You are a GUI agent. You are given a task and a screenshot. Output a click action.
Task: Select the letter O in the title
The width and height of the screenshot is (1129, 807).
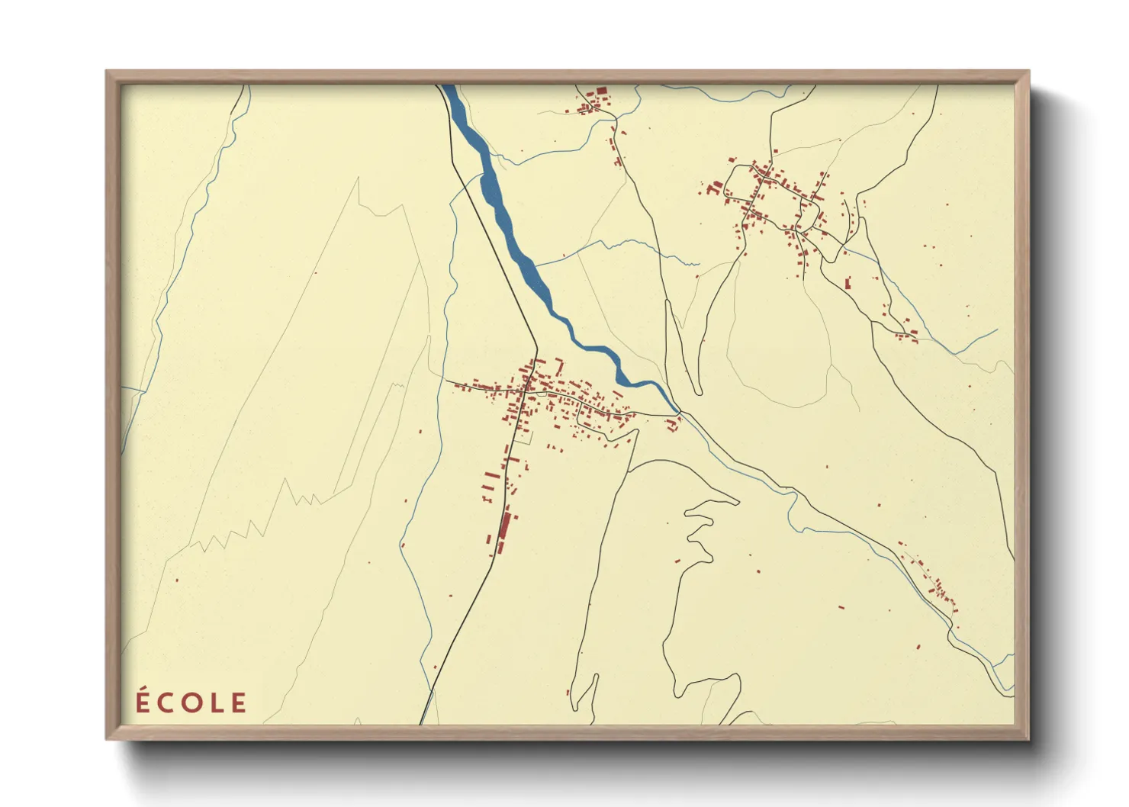pyautogui.click(x=191, y=703)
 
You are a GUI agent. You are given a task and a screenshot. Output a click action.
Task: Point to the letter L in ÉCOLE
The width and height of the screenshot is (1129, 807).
pyautogui.click(x=216, y=703)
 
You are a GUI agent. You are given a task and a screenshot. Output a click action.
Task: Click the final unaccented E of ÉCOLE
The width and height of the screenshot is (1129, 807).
pyautogui.click(x=239, y=703)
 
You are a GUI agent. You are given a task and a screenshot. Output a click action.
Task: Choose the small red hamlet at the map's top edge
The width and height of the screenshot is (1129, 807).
pyautogui.click(x=592, y=103)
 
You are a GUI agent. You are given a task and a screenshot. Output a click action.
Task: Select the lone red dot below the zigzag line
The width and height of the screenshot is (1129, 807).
pyautogui.click(x=177, y=580)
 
